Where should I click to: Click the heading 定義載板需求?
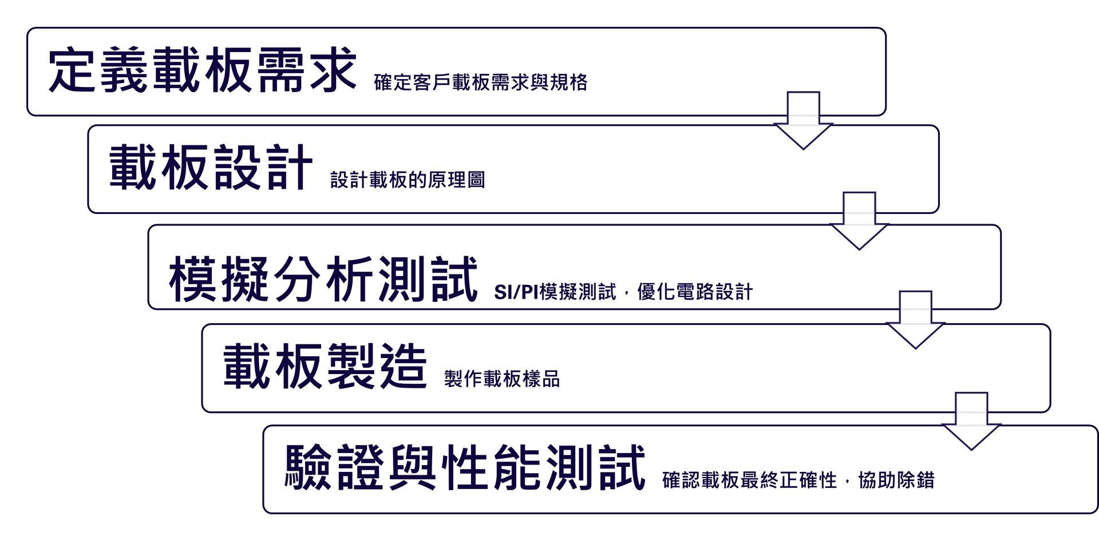pos(203,70)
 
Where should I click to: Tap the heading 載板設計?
pos(211,167)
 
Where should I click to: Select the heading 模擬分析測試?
pos(323,279)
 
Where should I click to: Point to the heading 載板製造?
pos(325,366)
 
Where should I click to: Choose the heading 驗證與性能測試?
pos(465,467)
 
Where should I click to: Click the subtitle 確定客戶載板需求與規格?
pos(481,82)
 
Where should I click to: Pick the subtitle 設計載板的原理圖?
pos(408,180)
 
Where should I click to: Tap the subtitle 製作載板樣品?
pos(502,379)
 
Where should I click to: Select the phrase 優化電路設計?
pos(695,292)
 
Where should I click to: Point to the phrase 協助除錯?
pos(896,480)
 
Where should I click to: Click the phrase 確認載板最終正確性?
pos(750,480)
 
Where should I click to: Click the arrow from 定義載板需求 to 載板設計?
pos(803,121)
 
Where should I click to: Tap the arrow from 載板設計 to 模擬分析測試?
pos(859,221)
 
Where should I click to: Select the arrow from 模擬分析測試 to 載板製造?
pos(915,320)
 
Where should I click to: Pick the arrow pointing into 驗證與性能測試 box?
pos(971,421)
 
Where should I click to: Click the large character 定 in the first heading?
pos(72,70)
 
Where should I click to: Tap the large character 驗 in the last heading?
pos(309,467)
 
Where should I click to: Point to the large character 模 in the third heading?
pos(192,279)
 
